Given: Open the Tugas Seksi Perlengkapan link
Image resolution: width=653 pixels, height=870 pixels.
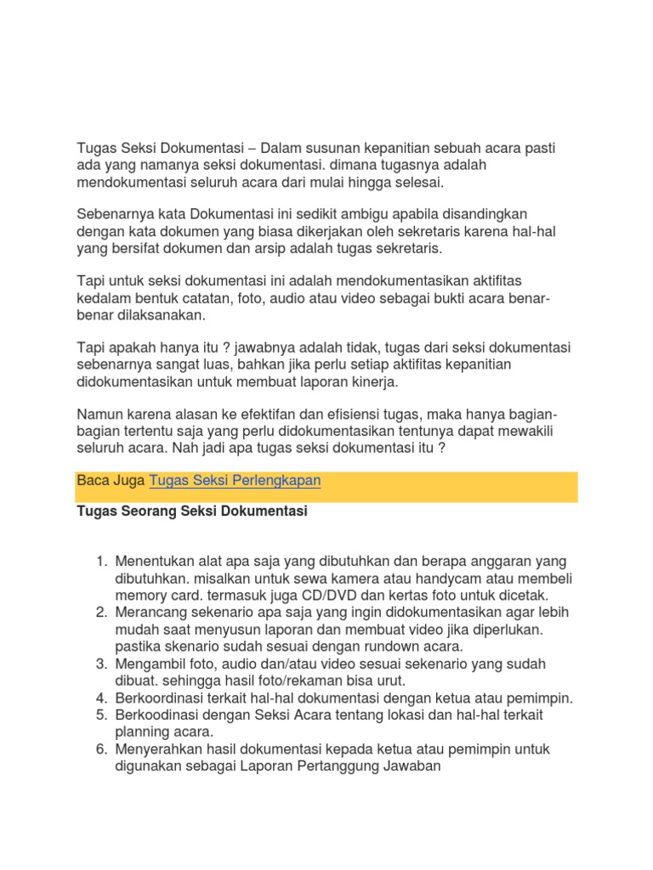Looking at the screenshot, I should coord(235,481).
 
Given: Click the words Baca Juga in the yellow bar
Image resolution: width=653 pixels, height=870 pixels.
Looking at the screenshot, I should coord(111,481).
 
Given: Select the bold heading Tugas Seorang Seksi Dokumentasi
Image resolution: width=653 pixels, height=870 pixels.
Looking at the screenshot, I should coord(191,511).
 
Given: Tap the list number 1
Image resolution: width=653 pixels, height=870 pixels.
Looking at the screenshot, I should coord(100,562).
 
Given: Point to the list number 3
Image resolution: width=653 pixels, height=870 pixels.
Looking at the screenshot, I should coord(100,664).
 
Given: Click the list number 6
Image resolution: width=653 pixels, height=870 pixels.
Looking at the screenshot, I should coord(100,749).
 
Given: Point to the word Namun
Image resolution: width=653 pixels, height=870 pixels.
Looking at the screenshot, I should coord(100,415).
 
